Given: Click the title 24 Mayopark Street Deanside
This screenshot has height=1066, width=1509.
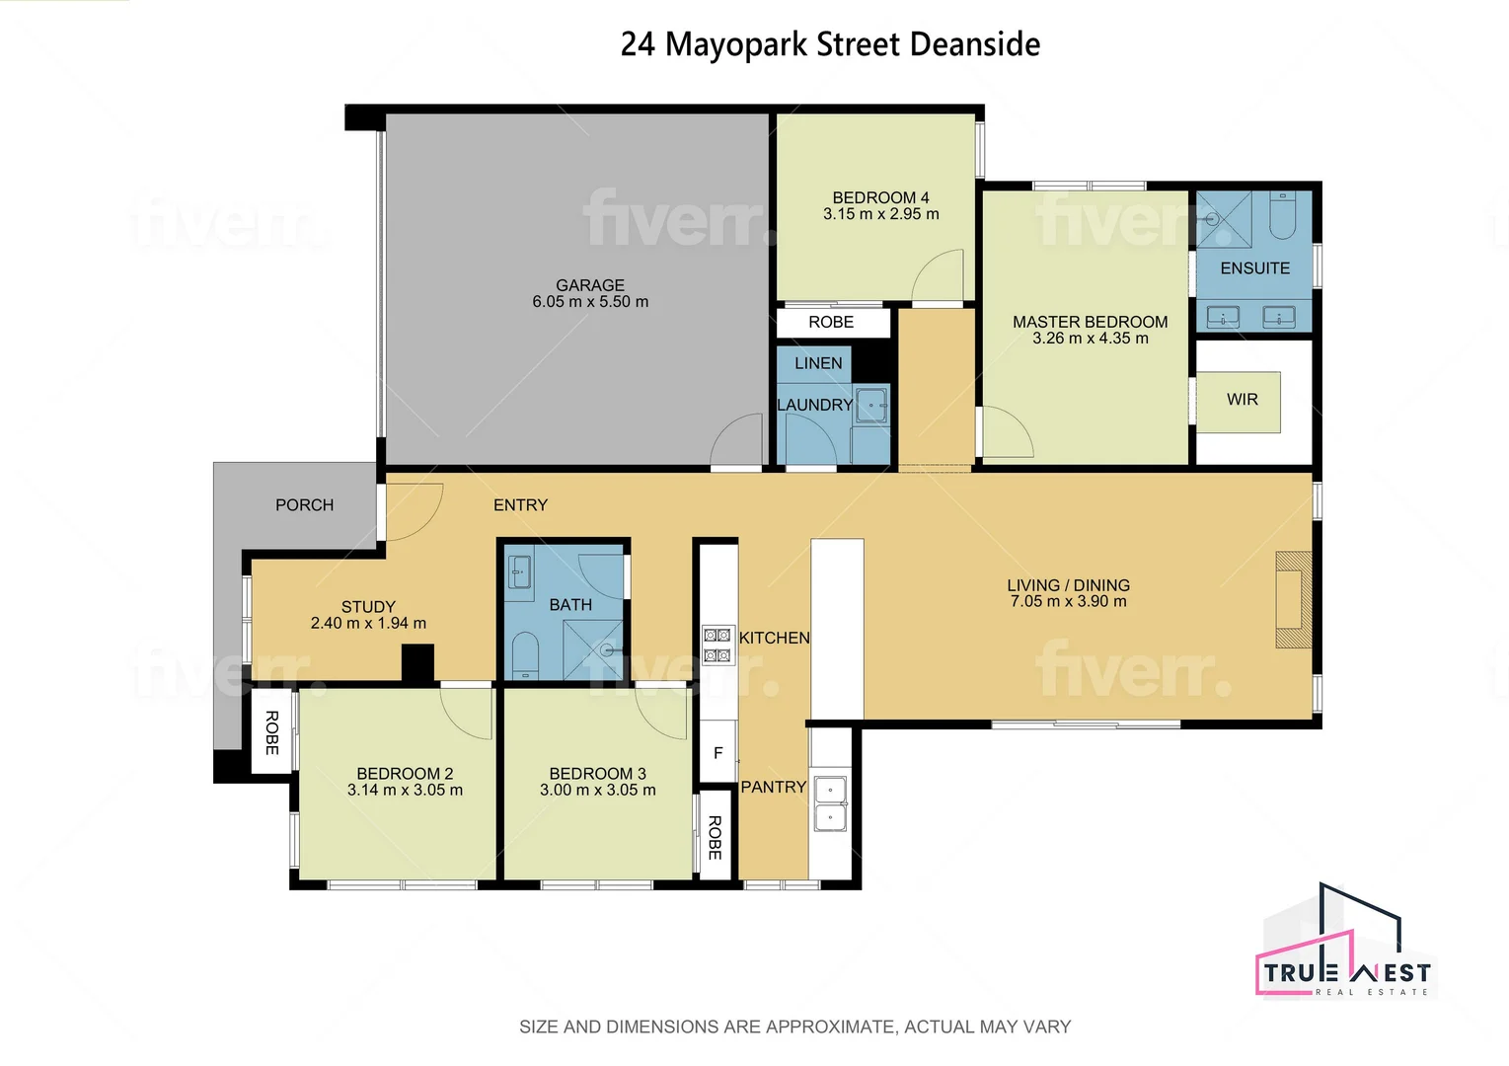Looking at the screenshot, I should (830, 44).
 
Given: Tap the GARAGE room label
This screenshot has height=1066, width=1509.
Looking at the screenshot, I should (590, 285).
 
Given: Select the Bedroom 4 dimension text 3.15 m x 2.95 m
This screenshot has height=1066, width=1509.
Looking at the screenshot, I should (880, 214).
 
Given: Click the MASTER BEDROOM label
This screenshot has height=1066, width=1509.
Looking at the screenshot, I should (1090, 322).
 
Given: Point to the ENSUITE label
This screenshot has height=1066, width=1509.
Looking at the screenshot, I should (1254, 268).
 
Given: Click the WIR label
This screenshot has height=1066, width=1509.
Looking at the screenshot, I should (1242, 400).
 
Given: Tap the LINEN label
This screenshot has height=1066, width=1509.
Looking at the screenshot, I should (818, 363).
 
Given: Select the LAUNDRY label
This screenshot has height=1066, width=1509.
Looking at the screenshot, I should (814, 405).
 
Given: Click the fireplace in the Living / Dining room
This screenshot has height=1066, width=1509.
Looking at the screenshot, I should (1293, 599).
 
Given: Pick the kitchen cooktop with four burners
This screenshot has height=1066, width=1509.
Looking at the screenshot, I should (717, 645).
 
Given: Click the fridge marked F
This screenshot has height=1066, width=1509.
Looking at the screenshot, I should (717, 753).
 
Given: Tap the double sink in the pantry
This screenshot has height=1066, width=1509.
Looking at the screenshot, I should (830, 804).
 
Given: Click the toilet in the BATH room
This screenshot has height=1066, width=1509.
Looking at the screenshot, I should (525, 654).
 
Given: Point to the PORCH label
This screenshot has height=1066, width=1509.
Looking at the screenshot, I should (304, 505).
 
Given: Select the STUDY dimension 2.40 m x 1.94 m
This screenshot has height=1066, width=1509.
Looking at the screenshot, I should (368, 623).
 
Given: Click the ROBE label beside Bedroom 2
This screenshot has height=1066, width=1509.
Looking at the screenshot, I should (271, 732).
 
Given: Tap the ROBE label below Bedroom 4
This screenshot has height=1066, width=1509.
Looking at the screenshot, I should (831, 323).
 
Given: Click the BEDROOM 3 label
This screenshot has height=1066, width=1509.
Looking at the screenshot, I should (597, 774).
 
